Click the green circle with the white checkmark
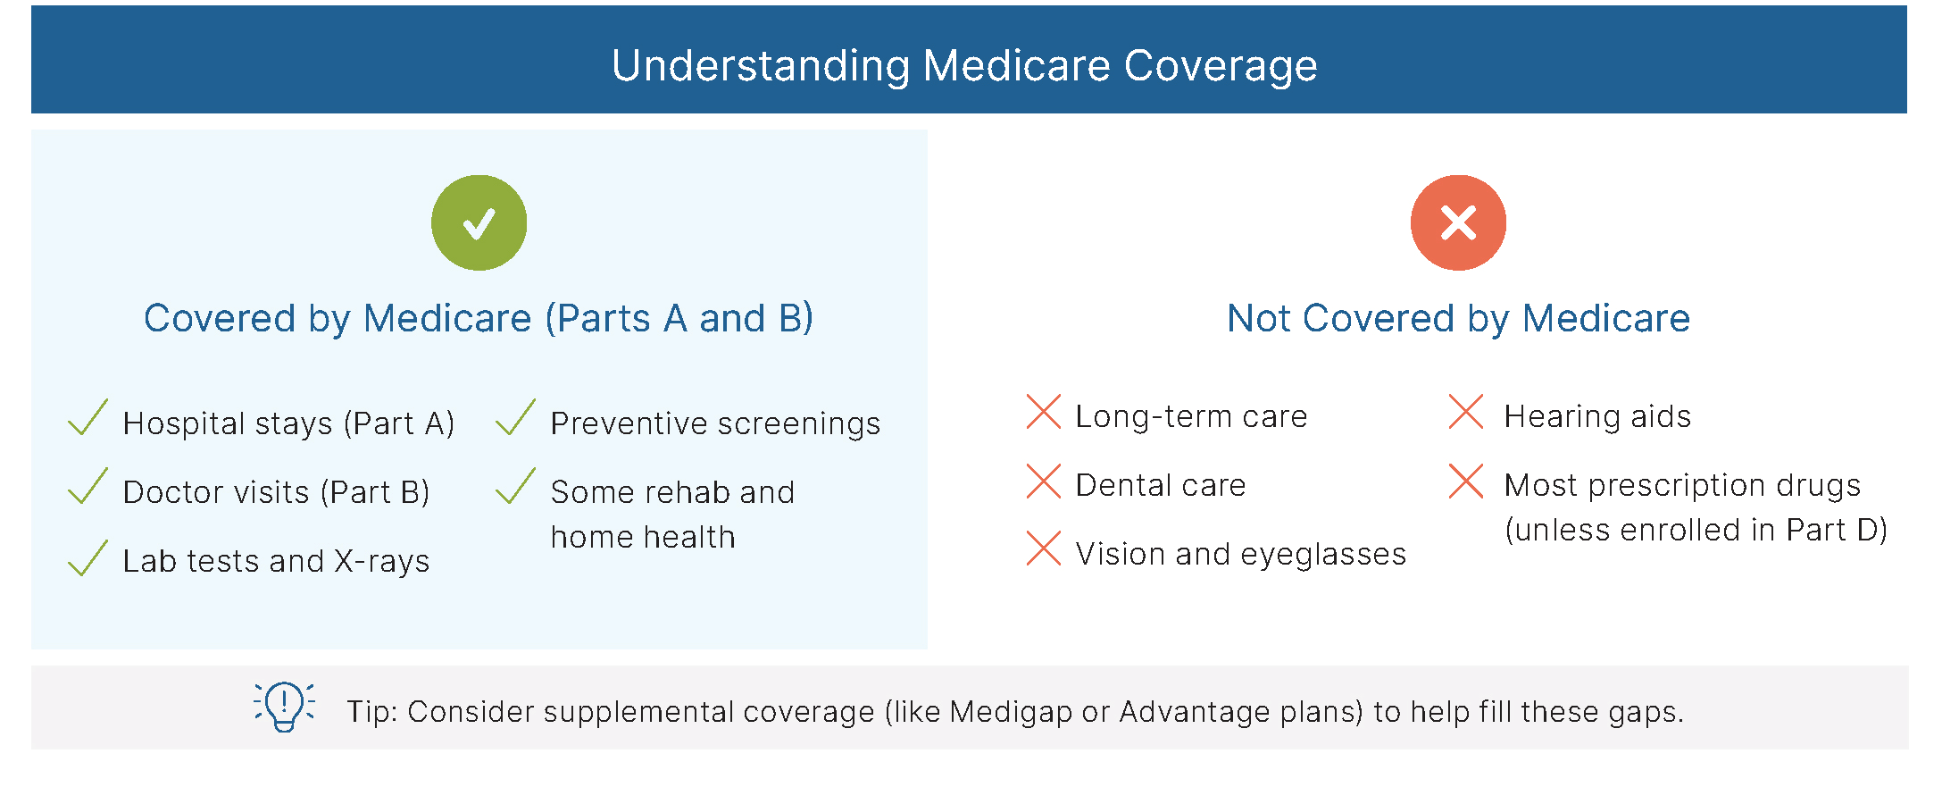pyautogui.click(x=479, y=222)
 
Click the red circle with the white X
pyautogui.click(x=1458, y=222)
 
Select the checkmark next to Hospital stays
pyautogui.click(x=88, y=417)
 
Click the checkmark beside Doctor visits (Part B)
pyautogui.click(x=88, y=486)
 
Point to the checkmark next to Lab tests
pyautogui.click(x=88, y=557)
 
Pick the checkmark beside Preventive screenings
pyautogui.click(x=515, y=417)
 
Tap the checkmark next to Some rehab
pyautogui.click(x=515, y=486)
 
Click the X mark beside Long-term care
pyautogui.click(x=1044, y=412)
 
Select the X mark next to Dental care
pyautogui.click(x=1044, y=481)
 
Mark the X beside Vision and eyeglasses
pyautogui.click(x=1044, y=549)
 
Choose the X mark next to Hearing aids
pyautogui.click(x=1466, y=412)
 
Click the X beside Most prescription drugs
pyautogui.click(x=1466, y=481)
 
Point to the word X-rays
pyautogui.click(x=382, y=562)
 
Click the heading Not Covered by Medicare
pyautogui.click(x=1459, y=318)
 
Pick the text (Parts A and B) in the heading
pyautogui.click(x=679, y=319)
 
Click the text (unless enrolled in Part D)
pyautogui.click(x=1696, y=530)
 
